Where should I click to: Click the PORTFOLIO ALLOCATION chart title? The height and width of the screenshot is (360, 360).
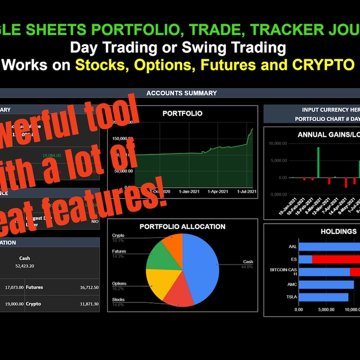(182, 226)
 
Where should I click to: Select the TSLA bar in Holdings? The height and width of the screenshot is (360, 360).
(324, 297)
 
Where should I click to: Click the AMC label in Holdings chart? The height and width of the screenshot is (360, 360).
(292, 285)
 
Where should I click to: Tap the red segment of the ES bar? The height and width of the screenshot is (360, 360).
(335, 260)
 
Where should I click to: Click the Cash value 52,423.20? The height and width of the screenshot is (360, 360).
(24, 266)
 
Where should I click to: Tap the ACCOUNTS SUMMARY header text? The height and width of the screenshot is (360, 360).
(181, 93)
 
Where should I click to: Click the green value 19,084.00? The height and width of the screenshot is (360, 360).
(51, 155)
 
